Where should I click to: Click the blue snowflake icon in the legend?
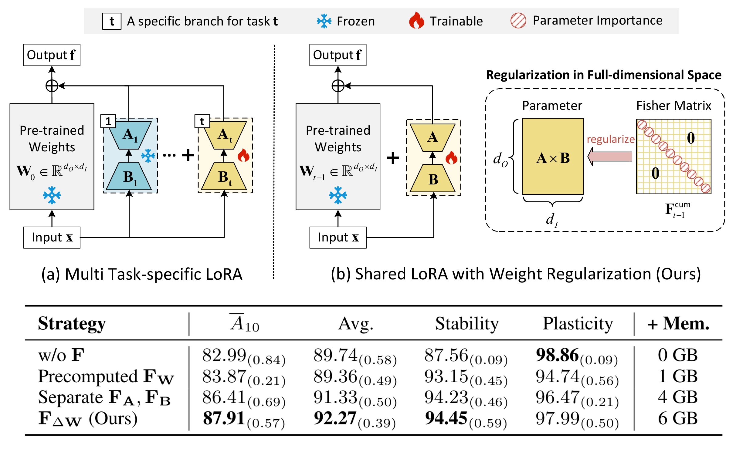[324, 21]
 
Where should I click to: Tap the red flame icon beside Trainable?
[416, 21]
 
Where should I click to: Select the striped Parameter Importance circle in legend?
[518, 21]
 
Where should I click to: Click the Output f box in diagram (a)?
[52, 55]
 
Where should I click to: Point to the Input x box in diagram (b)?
[338, 238]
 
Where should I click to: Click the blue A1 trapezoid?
[130, 135]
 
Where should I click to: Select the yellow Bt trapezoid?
[224, 177]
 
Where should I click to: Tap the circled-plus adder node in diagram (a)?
[52, 86]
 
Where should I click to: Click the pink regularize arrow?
[610, 157]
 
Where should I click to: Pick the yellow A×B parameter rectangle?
[553, 157]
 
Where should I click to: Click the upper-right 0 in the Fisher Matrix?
[691, 138]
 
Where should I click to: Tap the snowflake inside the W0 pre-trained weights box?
[52, 195]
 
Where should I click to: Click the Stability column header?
[467, 324]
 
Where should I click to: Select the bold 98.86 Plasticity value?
[557, 355]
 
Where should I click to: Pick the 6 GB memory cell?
[678, 419]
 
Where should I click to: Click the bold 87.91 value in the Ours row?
[224, 419]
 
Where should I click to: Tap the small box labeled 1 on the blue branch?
[108, 121]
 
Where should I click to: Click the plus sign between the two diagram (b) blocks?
[393, 158]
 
